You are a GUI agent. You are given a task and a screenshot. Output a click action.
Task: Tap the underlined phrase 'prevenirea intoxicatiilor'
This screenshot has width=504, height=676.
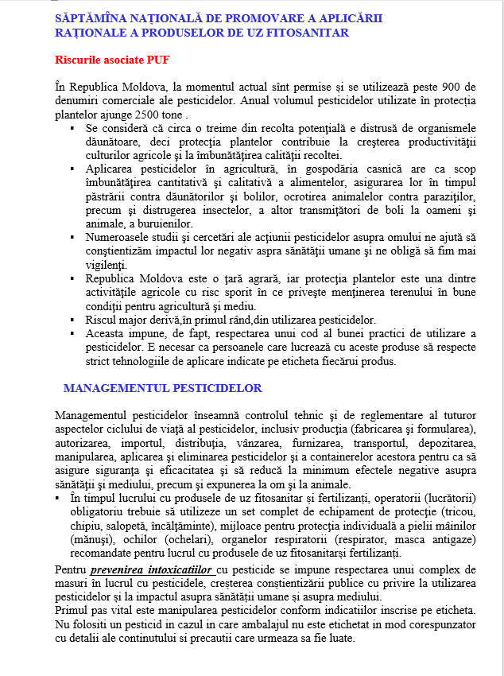[150, 570]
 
